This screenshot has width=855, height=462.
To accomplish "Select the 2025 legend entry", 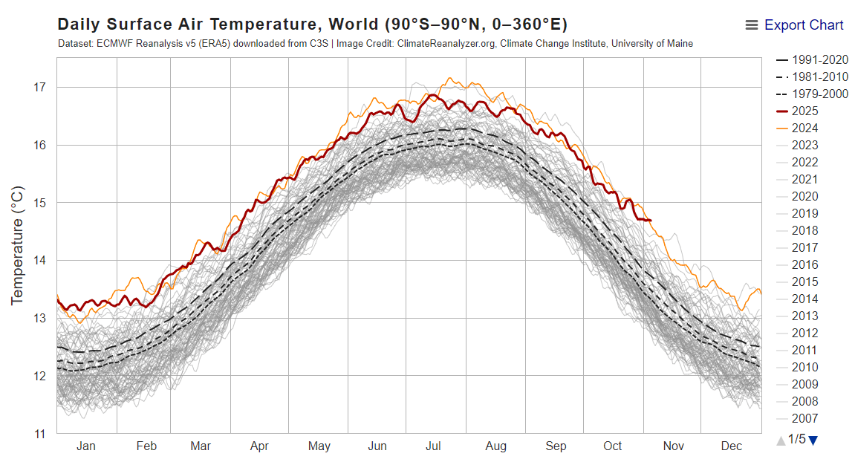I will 804,111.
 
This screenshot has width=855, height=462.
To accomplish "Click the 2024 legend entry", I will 804,128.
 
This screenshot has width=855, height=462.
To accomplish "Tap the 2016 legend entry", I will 804,264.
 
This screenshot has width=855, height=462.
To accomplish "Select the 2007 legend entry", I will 804,418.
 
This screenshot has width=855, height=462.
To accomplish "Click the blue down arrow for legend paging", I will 813,440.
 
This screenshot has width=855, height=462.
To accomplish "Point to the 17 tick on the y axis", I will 39,87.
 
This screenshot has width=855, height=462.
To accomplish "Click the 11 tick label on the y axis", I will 39,433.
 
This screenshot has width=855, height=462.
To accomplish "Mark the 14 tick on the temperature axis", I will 39,260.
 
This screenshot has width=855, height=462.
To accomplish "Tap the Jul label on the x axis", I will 434,446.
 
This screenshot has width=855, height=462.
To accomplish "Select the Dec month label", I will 732,446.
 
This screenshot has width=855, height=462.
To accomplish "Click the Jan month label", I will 85,446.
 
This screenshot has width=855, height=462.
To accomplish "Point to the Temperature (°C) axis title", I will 18,246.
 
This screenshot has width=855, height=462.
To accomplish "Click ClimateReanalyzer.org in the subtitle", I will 446,44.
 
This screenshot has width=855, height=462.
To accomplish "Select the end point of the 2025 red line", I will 651,220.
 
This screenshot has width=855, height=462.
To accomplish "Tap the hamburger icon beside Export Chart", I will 752,25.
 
